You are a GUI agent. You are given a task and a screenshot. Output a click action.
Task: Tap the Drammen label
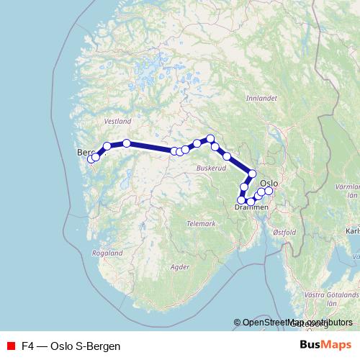251,207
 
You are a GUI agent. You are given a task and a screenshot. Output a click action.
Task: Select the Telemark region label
201,224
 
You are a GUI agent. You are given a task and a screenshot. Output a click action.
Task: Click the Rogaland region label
107,253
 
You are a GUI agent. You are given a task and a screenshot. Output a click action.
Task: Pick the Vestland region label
118,122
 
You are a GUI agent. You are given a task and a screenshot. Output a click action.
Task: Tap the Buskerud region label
211,167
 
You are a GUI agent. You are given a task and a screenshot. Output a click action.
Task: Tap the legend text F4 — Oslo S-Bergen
71,346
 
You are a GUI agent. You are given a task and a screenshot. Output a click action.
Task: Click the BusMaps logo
326,346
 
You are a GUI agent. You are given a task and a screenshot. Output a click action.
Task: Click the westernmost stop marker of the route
91,158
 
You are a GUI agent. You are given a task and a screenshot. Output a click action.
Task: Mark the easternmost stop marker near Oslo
269,191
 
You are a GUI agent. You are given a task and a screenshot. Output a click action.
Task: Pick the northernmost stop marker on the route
210,138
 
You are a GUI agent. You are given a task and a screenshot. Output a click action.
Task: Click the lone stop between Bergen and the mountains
127,143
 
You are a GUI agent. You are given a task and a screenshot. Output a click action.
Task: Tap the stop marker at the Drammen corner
241,200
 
